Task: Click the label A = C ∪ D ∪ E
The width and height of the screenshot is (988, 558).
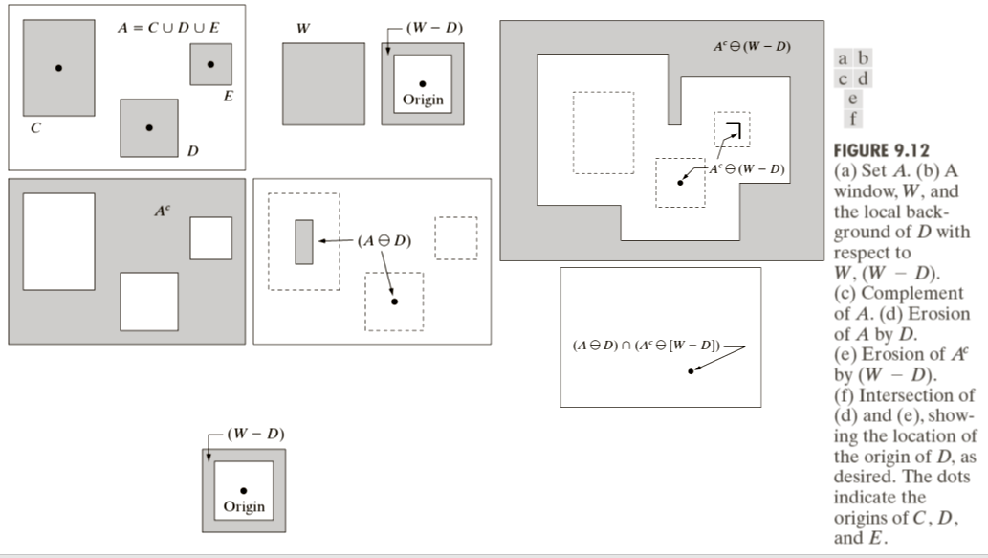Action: [x=168, y=27]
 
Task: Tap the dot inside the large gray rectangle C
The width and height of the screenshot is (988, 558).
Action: [x=58, y=68]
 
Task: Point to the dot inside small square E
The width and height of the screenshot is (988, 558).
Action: [x=210, y=64]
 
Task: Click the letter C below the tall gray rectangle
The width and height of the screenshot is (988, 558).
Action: [x=35, y=128]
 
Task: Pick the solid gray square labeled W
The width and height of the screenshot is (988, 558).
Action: [x=323, y=83]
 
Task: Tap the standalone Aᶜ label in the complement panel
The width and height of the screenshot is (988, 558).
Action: [x=163, y=208]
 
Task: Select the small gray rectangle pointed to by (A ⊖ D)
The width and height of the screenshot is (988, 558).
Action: [x=304, y=241]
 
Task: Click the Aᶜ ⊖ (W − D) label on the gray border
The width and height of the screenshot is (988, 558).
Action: [x=752, y=47]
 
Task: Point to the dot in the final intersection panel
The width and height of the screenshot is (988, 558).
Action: [x=691, y=369]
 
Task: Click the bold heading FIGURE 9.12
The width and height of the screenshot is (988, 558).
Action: [x=882, y=152]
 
